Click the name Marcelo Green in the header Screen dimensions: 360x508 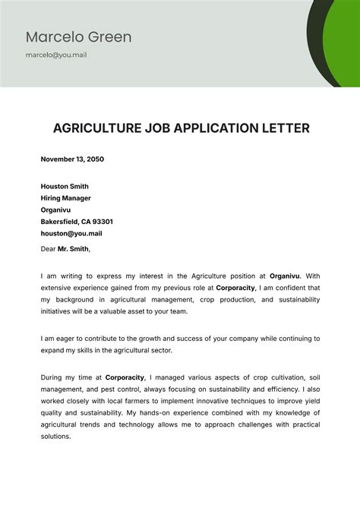[78, 36]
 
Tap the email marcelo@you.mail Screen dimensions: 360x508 [56, 55]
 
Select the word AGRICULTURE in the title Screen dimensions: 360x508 [95, 128]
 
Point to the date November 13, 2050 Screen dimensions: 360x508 [72, 159]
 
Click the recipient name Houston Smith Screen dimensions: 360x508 [65, 186]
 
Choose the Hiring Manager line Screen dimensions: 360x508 [65, 198]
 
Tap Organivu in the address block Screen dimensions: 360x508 [56, 210]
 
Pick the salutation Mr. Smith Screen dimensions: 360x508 [72, 248]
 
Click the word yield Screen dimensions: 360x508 [311, 401]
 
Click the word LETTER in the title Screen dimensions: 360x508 [285, 128]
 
